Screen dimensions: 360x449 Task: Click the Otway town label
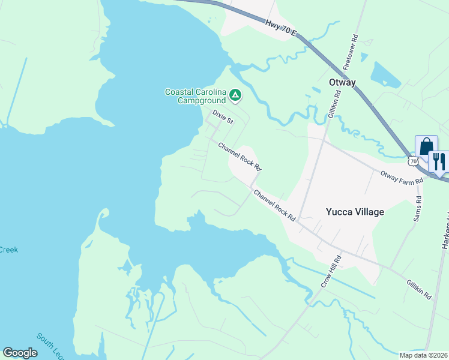[x=342, y=82]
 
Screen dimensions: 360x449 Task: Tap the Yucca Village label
[x=354, y=211]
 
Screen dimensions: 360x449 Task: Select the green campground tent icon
[x=236, y=95]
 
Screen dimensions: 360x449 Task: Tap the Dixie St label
[x=223, y=117]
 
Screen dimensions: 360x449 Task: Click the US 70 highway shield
[x=412, y=161]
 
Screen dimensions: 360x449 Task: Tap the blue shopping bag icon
[x=426, y=146]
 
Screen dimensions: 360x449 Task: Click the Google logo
[x=20, y=353]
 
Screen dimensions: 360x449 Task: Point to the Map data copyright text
[x=423, y=355]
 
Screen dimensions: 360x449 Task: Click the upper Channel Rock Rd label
[x=240, y=155]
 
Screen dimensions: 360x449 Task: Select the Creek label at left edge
[x=8, y=250]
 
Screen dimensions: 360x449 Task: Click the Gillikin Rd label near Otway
[x=334, y=106]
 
